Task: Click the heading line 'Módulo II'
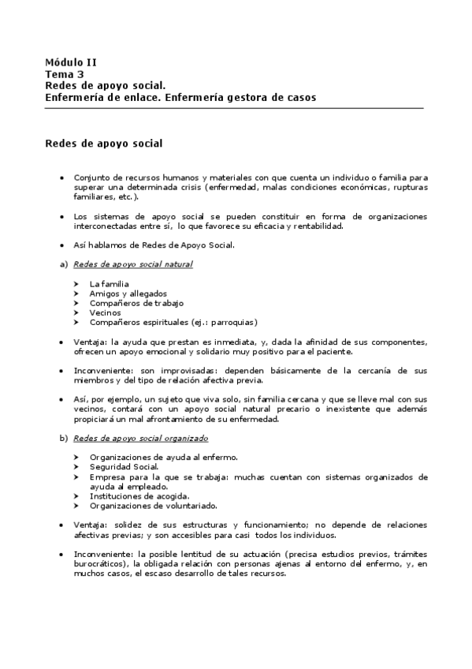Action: [71, 62]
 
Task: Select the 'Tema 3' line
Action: [65, 73]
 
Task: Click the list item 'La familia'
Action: [110, 283]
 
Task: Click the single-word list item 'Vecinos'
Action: [105, 312]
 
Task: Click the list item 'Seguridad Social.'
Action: [125, 466]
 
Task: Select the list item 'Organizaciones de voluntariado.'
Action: [153, 505]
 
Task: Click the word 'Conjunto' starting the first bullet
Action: [91, 178]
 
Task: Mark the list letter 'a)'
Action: [65, 264]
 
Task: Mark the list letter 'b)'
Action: [65, 438]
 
